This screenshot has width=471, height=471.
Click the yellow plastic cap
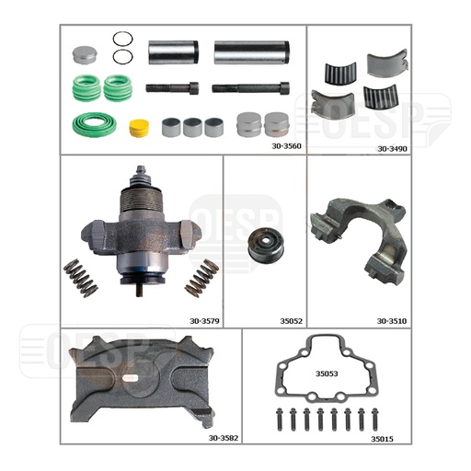(139, 128)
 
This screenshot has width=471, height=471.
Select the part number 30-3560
(286, 146)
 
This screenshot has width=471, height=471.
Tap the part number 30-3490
(392, 149)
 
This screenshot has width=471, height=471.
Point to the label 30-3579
(204, 321)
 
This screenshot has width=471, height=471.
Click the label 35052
(291, 321)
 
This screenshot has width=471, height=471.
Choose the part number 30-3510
(392, 321)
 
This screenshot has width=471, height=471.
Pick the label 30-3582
(224, 438)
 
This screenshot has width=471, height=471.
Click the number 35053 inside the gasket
(327, 373)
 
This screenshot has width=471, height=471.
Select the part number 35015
(382, 439)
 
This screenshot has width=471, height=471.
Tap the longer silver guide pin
(251, 52)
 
